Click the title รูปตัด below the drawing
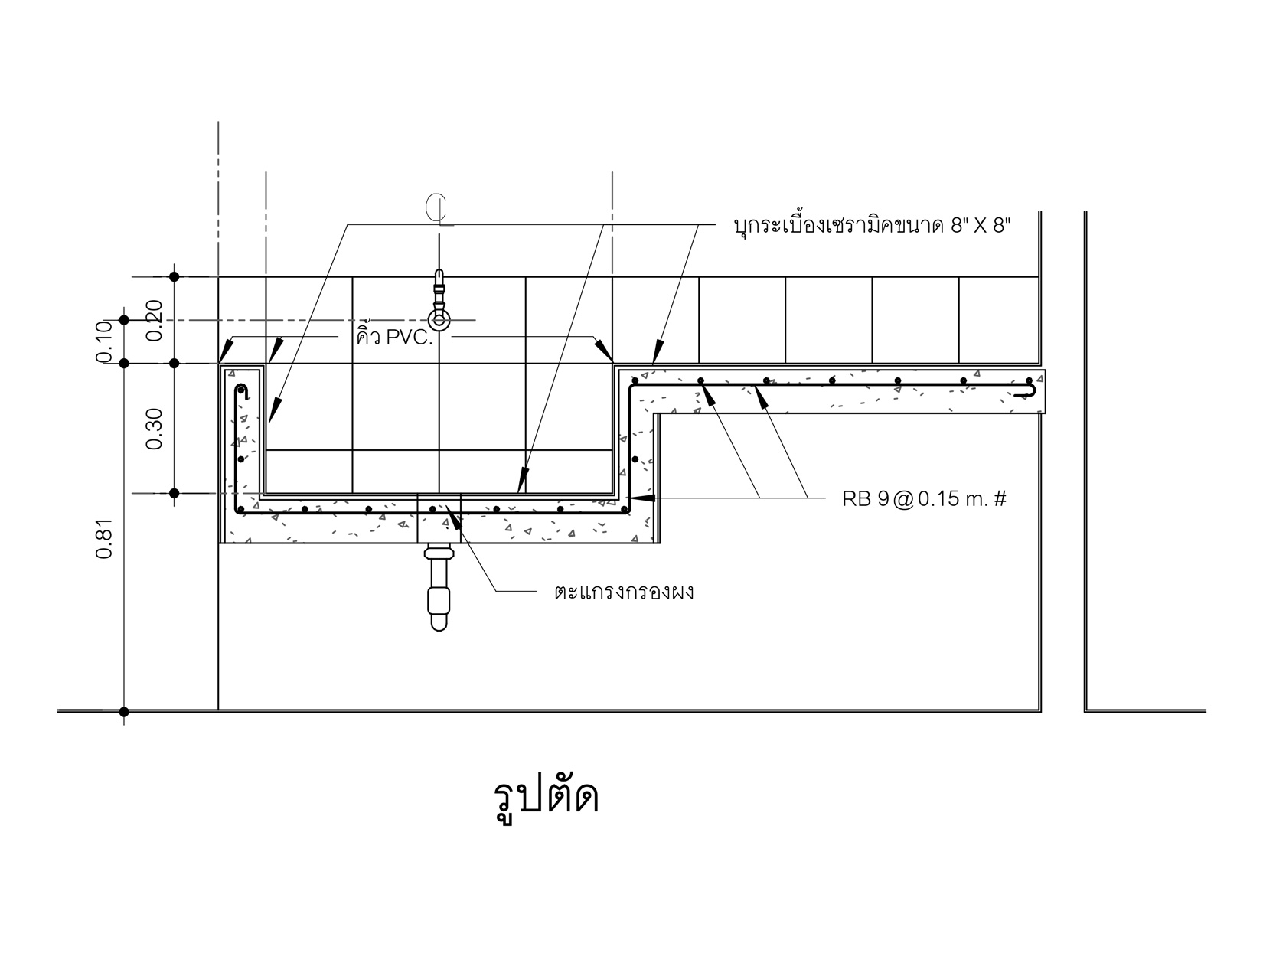pos(546,798)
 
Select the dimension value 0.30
pos(155,429)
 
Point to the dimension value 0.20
pos(155,320)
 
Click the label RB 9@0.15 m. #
pos(924,499)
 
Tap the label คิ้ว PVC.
pos(395,337)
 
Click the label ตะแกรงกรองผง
pos(625,592)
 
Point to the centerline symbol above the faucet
pos(439,209)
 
